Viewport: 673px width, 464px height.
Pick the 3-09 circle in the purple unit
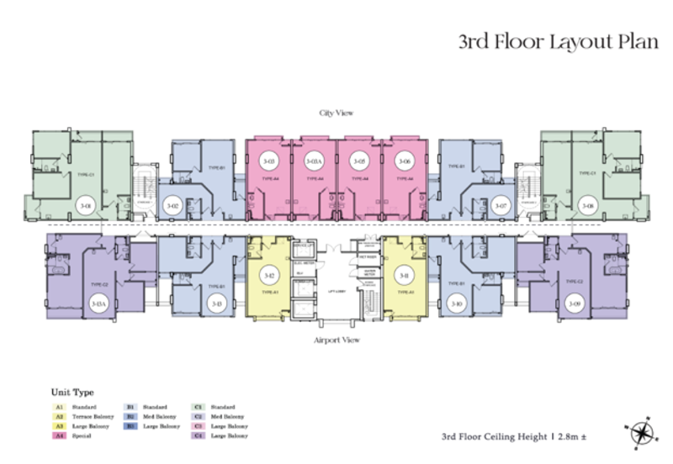(x=575, y=303)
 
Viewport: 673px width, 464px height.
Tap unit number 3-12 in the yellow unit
(x=269, y=276)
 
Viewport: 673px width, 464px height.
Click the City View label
(x=335, y=112)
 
